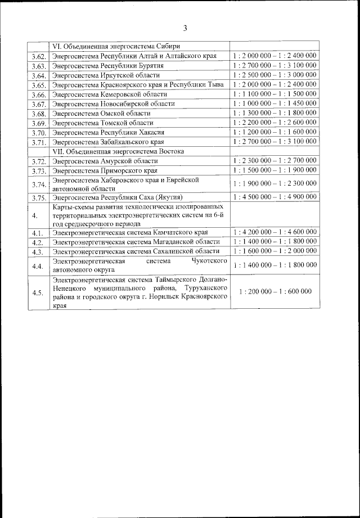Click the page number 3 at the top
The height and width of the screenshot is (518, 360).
point(184,29)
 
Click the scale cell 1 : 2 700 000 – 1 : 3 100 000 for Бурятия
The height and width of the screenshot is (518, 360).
point(274,65)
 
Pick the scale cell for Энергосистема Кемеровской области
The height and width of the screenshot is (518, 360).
point(274,94)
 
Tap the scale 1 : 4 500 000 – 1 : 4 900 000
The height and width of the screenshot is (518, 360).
point(274,197)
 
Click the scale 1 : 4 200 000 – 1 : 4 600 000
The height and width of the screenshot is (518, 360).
point(274,232)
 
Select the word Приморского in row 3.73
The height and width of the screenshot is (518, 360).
point(116,170)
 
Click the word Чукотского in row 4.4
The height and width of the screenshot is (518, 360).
point(209,261)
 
